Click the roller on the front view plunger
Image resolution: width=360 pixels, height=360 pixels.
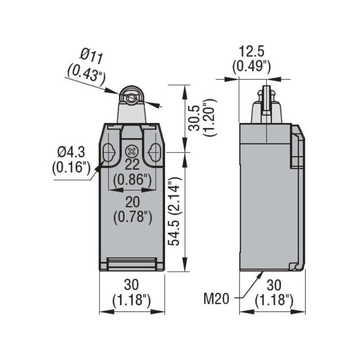131,98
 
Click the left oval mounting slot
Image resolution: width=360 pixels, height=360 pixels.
108,153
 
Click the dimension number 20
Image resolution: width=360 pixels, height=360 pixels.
132,201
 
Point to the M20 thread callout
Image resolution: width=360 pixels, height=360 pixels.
217,298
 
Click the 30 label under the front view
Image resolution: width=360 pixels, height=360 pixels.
131,284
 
